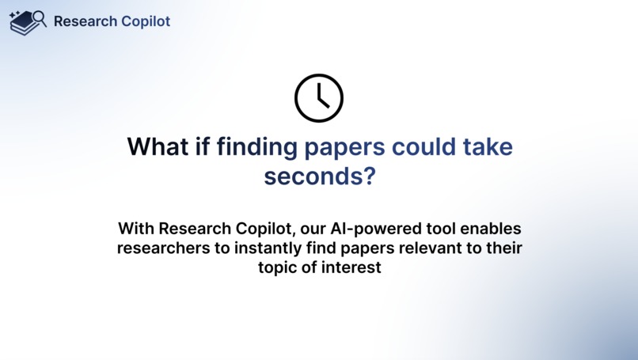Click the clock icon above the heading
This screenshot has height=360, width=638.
(x=318, y=99)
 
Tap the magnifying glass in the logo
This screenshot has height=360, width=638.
(x=39, y=18)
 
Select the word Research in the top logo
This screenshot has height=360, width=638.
(x=85, y=21)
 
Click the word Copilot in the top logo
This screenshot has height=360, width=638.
(x=146, y=21)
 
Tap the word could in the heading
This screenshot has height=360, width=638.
(x=426, y=147)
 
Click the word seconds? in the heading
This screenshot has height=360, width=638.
(x=319, y=176)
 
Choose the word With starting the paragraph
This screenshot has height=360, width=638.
(x=136, y=229)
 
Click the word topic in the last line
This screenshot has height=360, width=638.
(x=277, y=267)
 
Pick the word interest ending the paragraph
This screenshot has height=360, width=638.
(x=354, y=267)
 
